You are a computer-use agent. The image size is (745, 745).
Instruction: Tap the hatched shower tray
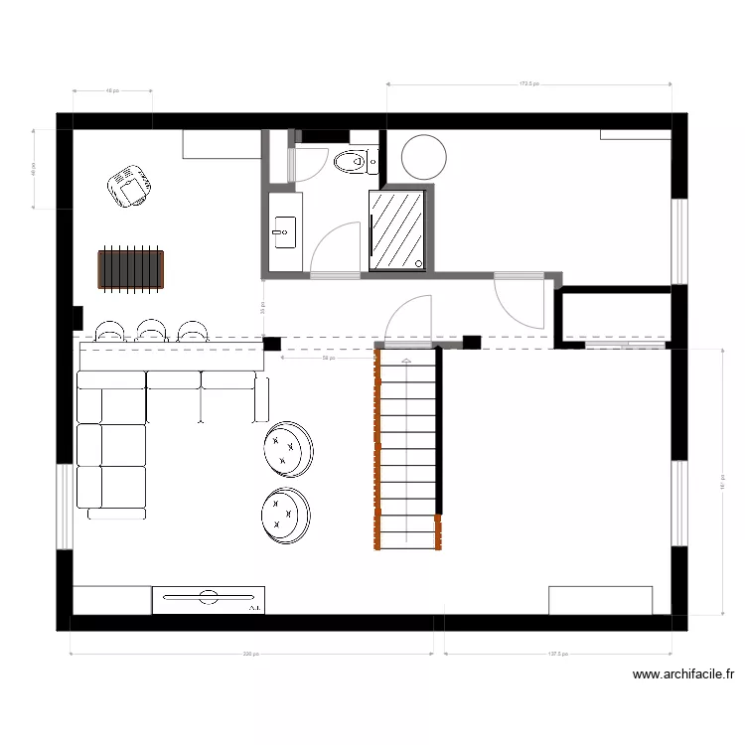[x=397, y=228]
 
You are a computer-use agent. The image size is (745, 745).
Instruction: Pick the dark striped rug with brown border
[x=130, y=269]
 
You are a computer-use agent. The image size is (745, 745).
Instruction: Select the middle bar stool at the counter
[x=150, y=330]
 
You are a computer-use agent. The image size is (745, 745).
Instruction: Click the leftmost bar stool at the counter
[x=109, y=330]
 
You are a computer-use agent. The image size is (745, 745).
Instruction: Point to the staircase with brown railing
[x=408, y=447]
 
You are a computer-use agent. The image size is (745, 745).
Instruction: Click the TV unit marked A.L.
[x=208, y=599]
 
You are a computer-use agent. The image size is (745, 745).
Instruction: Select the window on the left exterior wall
[x=65, y=506]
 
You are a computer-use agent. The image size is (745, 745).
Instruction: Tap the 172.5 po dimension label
[x=528, y=84]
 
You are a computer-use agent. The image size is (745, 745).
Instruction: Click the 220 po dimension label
[x=250, y=655]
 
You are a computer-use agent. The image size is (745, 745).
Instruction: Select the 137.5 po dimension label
[x=557, y=655]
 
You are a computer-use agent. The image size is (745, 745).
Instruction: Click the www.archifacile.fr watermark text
[x=683, y=674]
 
